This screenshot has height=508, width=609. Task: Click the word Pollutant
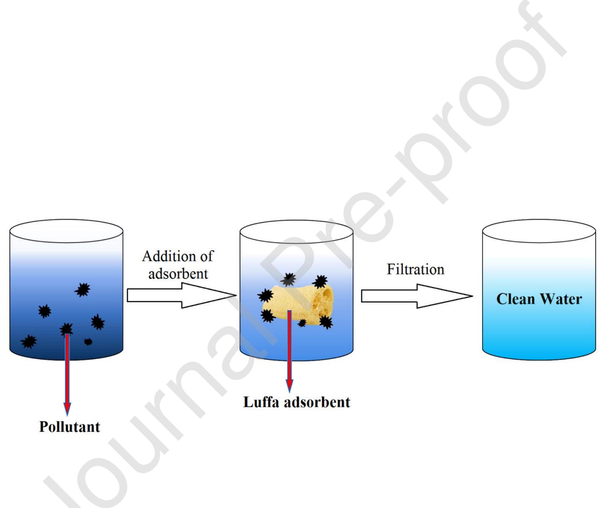[x=69, y=427]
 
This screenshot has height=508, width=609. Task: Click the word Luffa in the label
[x=261, y=402]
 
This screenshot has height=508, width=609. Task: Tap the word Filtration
[x=415, y=269]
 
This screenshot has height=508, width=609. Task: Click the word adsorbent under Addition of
[x=178, y=274]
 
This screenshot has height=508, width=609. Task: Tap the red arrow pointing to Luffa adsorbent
[x=289, y=352]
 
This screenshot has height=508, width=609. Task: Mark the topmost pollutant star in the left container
[x=82, y=290]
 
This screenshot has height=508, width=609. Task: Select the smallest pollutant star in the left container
[x=88, y=342]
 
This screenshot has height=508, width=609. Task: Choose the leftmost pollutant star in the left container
[x=29, y=342]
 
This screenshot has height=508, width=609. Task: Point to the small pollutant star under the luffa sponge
[x=302, y=323]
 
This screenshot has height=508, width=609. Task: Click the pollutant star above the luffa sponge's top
[x=288, y=279]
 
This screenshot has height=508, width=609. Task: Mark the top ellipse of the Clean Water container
[x=539, y=231]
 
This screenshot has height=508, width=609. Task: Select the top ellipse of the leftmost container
[x=66, y=231]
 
